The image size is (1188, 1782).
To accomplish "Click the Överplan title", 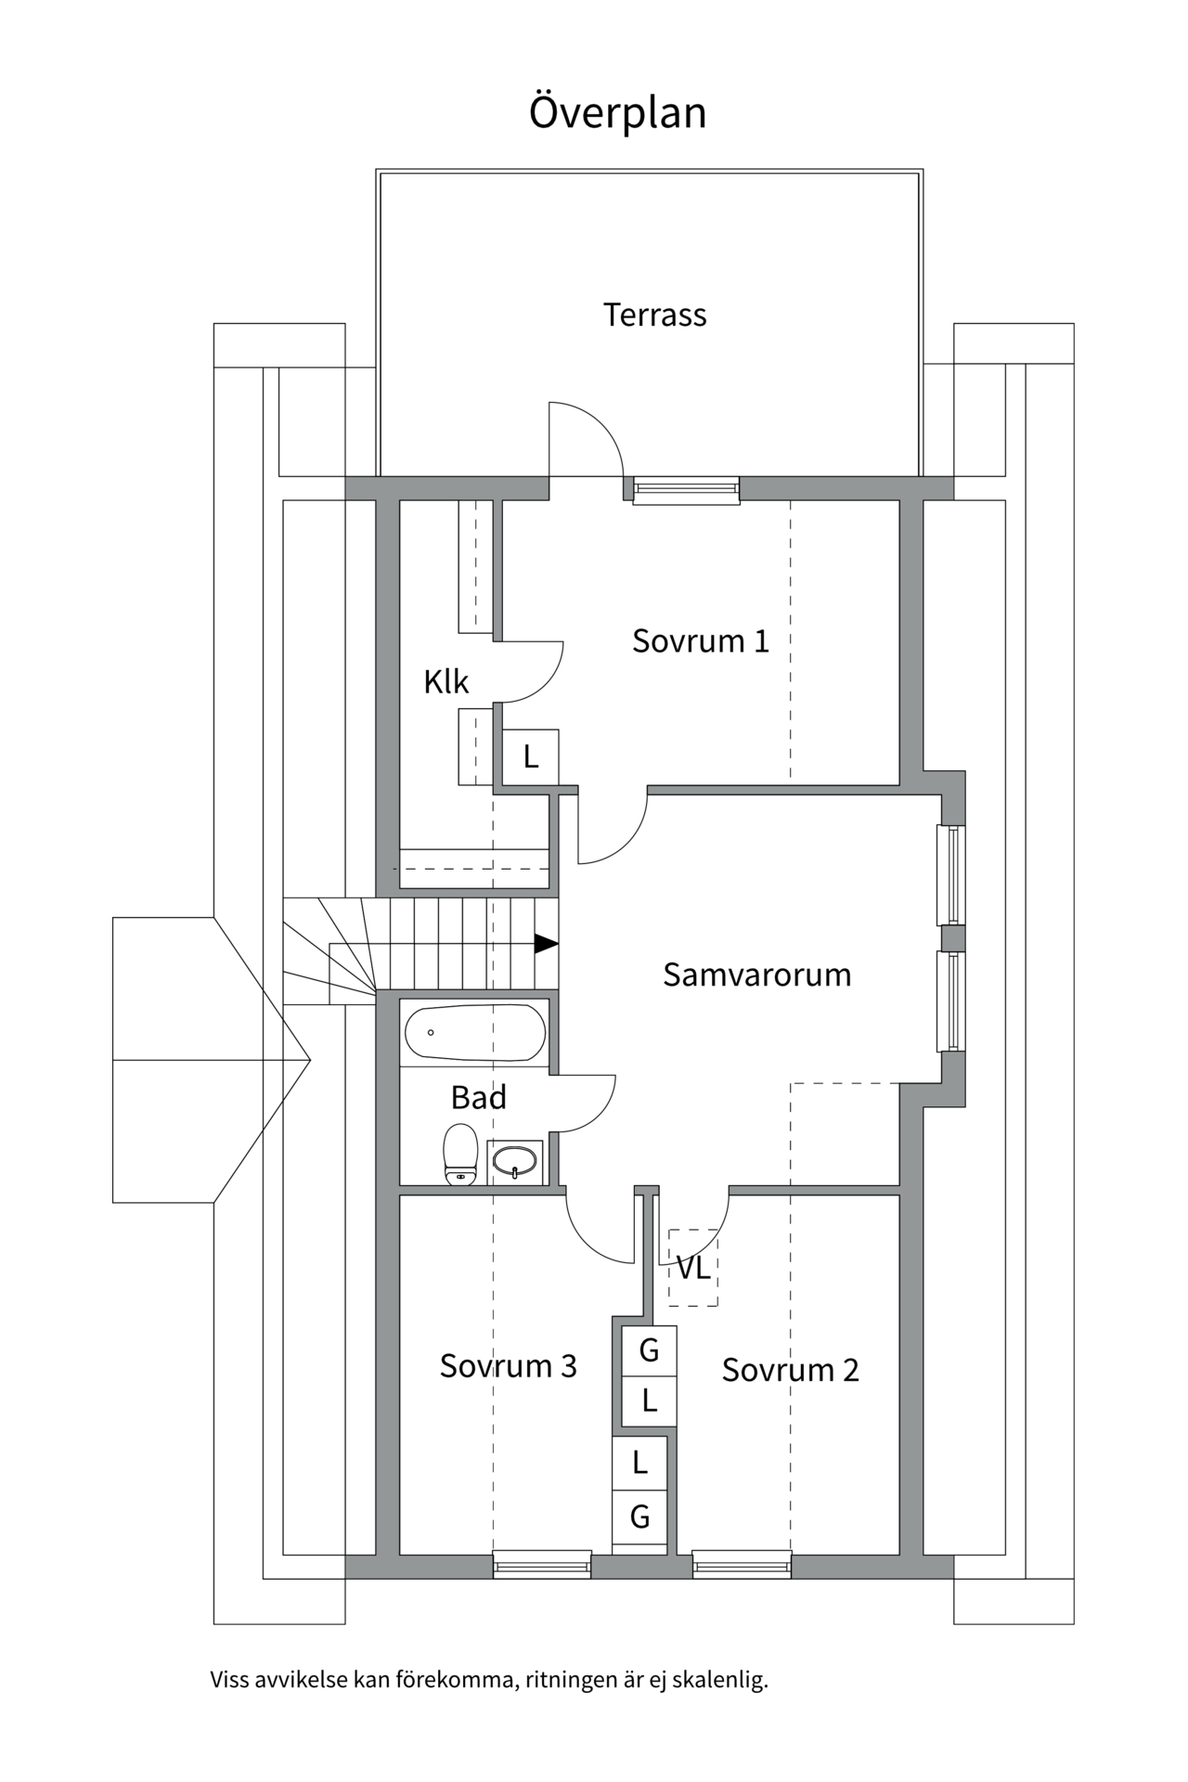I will click(617, 112).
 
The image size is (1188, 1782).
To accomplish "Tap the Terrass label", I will click(654, 316).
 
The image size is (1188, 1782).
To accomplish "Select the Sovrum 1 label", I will click(701, 641).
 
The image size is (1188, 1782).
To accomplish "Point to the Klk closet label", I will click(445, 682).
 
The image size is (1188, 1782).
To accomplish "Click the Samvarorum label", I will click(756, 975).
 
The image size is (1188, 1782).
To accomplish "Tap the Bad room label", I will click(478, 1098).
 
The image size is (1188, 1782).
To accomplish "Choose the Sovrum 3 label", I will click(508, 1366).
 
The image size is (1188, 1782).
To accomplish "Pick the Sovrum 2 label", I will click(790, 1370).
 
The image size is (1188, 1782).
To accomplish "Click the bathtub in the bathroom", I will click(474, 1032).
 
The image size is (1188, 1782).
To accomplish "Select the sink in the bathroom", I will click(514, 1161).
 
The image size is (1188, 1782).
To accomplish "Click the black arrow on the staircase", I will click(546, 944).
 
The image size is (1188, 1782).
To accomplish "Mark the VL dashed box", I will click(692, 1268).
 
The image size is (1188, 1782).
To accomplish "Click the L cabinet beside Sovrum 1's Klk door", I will click(530, 757).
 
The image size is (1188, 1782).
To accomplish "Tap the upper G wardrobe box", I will click(648, 1350).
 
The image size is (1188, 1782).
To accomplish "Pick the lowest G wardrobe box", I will click(639, 1517).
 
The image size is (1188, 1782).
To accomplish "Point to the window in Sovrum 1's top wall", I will click(686, 489).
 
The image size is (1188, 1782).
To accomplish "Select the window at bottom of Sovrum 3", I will click(541, 1565).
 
